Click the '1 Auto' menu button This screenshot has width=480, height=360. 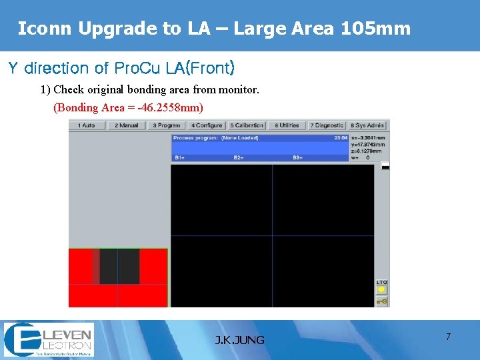pyautogui.click(x=86, y=125)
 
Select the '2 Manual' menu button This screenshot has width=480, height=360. pyautogui.click(x=126, y=125)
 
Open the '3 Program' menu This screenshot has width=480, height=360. pyautogui.click(x=167, y=125)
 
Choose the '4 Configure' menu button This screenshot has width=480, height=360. pyautogui.click(x=207, y=125)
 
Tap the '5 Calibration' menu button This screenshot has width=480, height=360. pyautogui.click(x=247, y=125)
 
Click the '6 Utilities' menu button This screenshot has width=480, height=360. pyautogui.click(x=287, y=125)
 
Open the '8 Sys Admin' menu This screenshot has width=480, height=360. pyautogui.click(x=367, y=125)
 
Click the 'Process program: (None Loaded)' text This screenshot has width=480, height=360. pyautogui.click(x=215, y=138)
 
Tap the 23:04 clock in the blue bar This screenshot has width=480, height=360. pyautogui.click(x=341, y=138)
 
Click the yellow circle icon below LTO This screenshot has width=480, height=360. pyautogui.click(x=382, y=290)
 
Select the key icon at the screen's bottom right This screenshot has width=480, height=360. pyautogui.click(x=382, y=301)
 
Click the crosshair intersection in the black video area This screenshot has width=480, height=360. pyautogui.click(x=273, y=235)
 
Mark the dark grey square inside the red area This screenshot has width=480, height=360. pyautogui.click(x=119, y=267)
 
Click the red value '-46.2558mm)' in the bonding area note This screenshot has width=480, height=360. pyautogui.click(x=170, y=107)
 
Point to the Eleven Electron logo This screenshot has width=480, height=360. pyautogui.click(x=49, y=339)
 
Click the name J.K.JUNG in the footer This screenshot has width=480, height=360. pyautogui.click(x=240, y=340)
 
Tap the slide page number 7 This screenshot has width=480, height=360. pyautogui.click(x=448, y=337)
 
